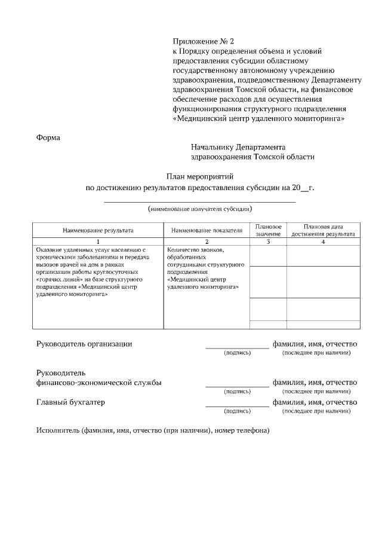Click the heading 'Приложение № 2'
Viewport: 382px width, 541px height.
pos(204,41)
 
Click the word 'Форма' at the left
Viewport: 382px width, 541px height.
pos(48,137)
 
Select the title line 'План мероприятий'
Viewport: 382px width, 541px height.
pos(200,176)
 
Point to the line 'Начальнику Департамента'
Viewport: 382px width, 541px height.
pos(238,147)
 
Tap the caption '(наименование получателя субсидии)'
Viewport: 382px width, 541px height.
pos(200,209)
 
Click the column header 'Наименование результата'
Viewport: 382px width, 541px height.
pos(98,230)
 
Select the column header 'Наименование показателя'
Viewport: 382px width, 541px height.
pos(207,230)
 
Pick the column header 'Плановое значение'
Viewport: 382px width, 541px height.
pos(268,230)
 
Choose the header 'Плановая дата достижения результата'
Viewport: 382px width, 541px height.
pos(323,230)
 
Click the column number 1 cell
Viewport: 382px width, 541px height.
pos(98,242)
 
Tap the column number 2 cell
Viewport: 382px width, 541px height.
pos(207,242)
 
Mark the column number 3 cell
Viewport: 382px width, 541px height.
pos(268,242)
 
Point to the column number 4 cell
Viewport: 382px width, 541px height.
pos(323,242)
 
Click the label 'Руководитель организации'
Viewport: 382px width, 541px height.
pos(84,344)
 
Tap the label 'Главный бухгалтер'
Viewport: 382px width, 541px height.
pos(70,402)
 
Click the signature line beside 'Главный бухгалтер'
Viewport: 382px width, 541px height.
pos(237,406)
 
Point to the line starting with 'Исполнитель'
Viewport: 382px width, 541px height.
pos(153,431)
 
